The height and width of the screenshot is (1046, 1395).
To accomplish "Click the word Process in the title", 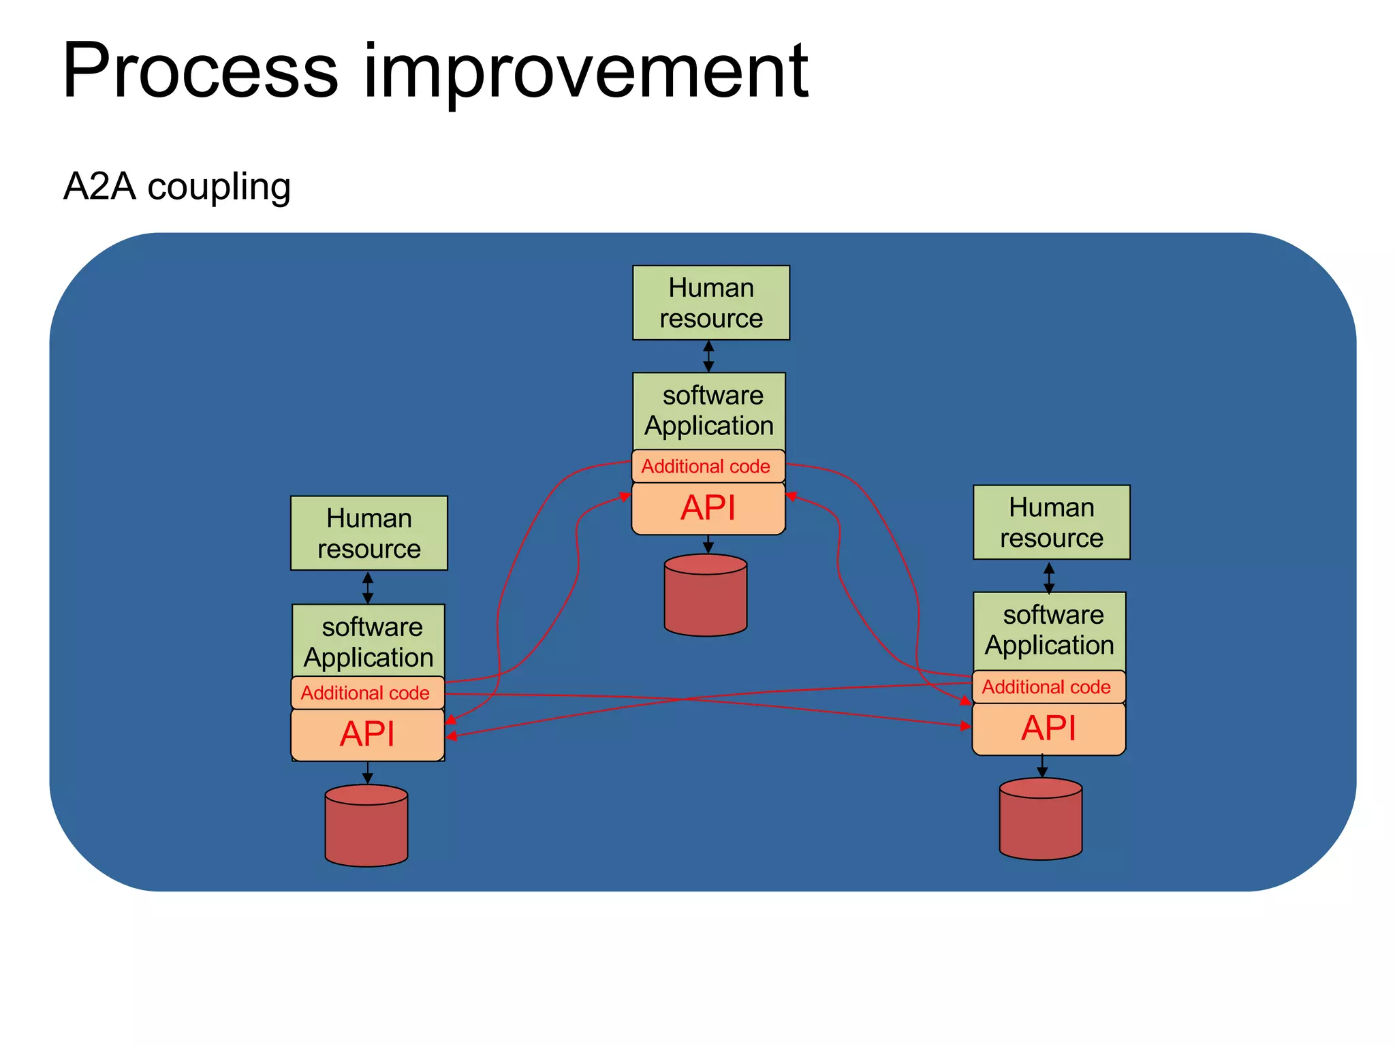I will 200,72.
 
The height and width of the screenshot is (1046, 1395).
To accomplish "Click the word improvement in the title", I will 586,72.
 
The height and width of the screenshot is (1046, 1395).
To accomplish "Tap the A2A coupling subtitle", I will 177,187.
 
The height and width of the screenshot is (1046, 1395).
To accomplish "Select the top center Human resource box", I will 710,303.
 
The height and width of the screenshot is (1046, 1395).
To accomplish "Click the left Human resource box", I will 369,533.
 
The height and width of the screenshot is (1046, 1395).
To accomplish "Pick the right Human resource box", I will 1051,522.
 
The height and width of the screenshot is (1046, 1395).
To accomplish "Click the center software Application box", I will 709,411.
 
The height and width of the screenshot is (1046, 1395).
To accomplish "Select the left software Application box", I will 369,641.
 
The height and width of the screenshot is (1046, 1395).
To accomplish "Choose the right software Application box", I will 1050,631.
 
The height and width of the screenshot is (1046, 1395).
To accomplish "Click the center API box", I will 708,509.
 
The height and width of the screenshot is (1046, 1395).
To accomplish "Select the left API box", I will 367,735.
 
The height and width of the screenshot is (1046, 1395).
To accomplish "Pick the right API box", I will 1048,729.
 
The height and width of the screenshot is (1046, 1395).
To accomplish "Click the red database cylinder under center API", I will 706,596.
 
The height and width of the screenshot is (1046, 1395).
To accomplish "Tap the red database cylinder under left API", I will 366,826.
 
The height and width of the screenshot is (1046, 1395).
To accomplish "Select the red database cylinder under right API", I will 1041,820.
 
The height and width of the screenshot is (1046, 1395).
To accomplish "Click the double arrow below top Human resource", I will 708,356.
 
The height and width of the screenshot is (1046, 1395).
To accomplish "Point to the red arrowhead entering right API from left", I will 966,726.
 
